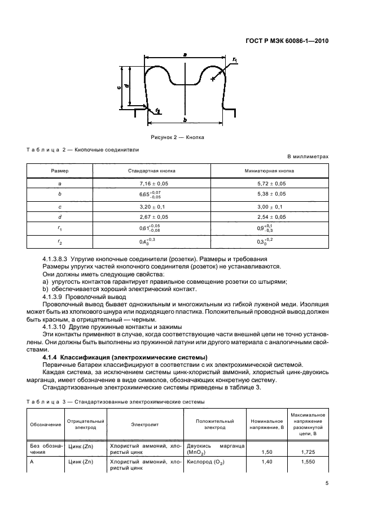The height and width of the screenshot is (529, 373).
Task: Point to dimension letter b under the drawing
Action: point(185,120)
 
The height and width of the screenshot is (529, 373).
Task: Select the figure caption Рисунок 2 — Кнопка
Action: point(177,137)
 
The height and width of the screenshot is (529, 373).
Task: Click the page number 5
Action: point(327,483)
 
